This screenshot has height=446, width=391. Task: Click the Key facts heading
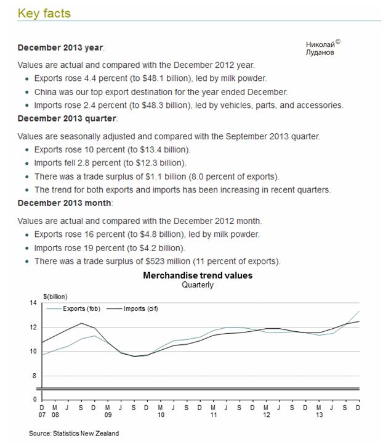44,13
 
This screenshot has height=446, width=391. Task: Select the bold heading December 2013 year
61,47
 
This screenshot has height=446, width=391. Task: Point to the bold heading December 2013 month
65,203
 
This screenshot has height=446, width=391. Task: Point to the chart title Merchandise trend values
198,275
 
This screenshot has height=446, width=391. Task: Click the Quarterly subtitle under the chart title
198,285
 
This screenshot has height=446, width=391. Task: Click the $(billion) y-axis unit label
55,295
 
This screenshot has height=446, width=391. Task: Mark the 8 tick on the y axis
34,376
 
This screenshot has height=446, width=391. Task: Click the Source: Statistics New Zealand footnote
74,434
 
